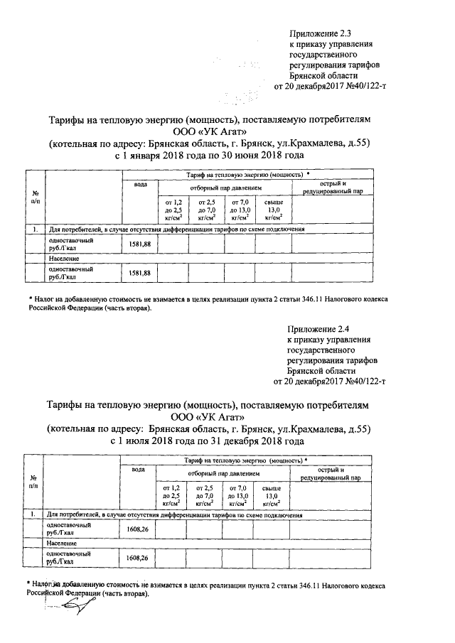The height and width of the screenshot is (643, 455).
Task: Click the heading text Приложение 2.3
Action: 320,33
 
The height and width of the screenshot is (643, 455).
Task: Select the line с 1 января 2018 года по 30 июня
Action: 209,154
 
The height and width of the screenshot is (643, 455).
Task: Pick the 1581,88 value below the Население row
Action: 140,273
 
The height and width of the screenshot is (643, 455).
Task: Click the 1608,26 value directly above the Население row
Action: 138,529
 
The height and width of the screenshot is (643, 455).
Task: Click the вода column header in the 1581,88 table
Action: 141,185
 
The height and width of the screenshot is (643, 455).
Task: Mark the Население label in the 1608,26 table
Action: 63,543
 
